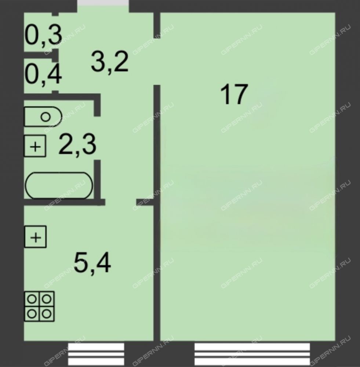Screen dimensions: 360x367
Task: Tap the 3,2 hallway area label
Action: [x=110, y=62]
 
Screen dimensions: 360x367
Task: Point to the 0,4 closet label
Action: [x=43, y=74]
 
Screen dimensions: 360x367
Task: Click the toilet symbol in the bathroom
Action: [x=43, y=117]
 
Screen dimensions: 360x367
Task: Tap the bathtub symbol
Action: [x=59, y=185]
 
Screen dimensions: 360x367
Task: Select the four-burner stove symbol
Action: [x=39, y=306]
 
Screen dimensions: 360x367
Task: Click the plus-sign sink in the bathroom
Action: [x=35, y=146]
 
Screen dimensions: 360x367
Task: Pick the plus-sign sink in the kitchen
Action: [x=36, y=237]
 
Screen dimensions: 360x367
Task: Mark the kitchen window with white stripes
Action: [x=96, y=354]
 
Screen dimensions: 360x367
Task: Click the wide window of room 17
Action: [x=252, y=354]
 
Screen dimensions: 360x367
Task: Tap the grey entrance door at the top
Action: [x=103, y=3]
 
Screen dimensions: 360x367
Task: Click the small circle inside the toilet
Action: [x=46, y=117]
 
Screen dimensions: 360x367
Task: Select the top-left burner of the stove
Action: [x=32, y=299]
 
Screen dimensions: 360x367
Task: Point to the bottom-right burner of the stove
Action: [x=47, y=314]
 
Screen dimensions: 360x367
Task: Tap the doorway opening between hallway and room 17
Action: [x=157, y=61]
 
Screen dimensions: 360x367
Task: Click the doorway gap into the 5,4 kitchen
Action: [x=121, y=202]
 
